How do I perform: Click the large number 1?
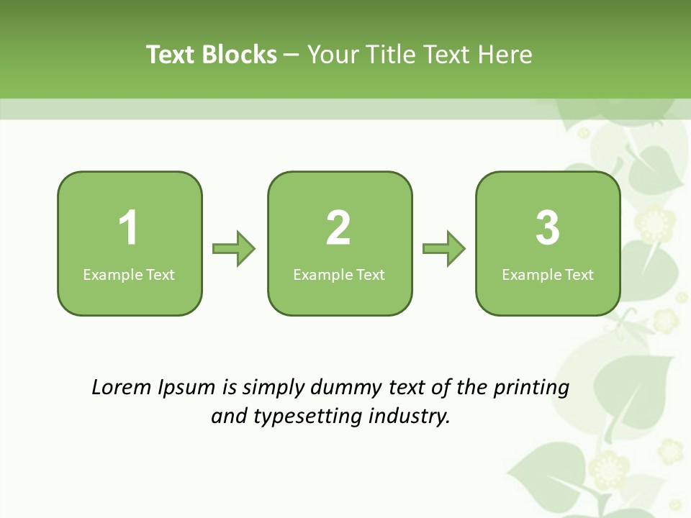coord(128,228)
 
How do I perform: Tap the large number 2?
coord(338,228)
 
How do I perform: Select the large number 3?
coord(548,228)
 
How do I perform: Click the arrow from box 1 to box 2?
coord(234,249)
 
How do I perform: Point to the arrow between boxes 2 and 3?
coord(444,249)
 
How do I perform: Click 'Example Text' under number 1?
coord(129,274)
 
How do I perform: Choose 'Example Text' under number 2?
coord(339,274)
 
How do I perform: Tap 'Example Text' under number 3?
coord(548,274)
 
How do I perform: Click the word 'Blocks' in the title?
coord(239,55)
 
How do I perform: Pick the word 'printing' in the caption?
coord(531,388)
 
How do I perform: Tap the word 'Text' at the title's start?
coord(171,55)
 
